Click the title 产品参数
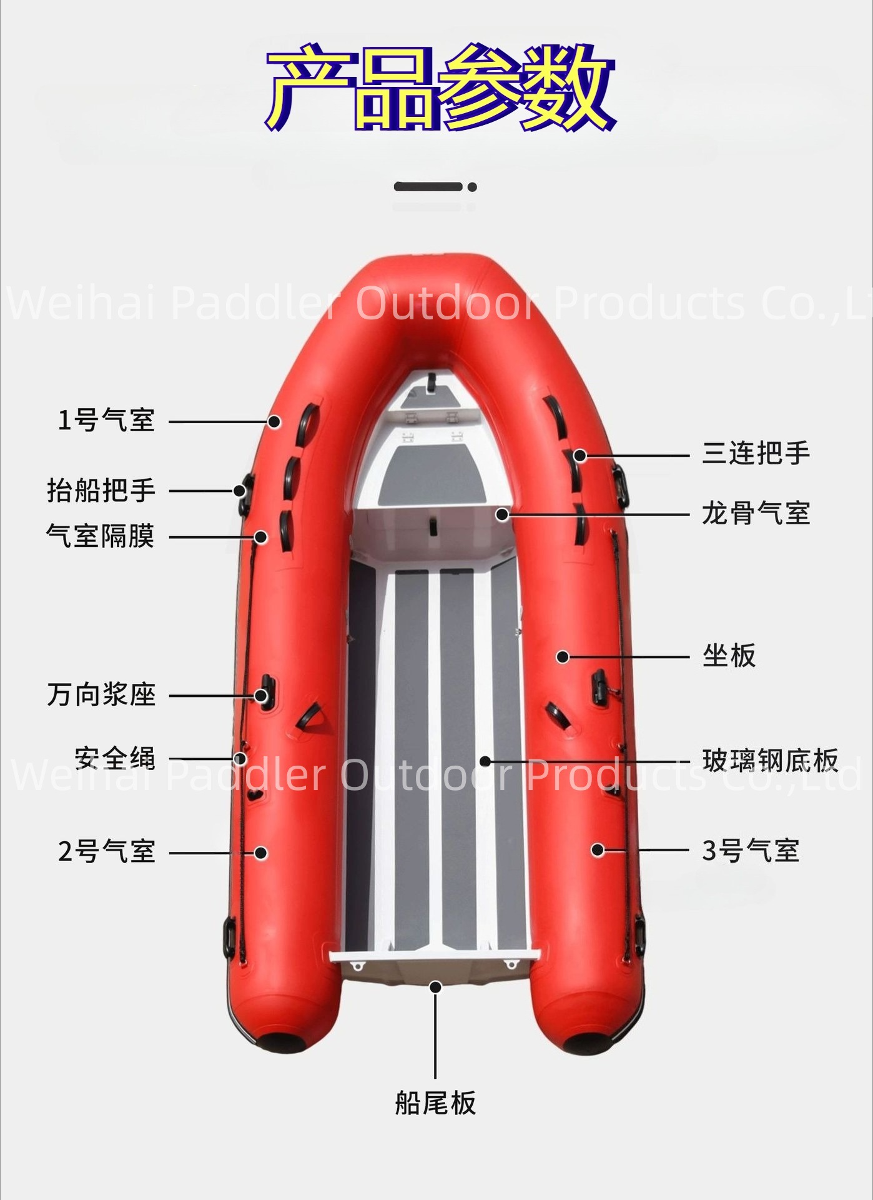pyautogui.click(x=440, y=87)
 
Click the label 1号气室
pyautogui.click(x=106, y=420)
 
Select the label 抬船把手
pyautogui.click(x=101, y=491)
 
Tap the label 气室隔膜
pyautogui.click(x=101, y=536)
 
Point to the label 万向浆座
pyautogui.click(x=101, y=695)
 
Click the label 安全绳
pyautogui.click(x=115, y=758)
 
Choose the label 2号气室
pyautogui.click(x=107, y=852)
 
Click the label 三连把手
pyautogui.click(x=756, y=453)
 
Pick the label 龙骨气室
pyautogui.click(x=756, y=513)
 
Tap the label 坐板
pyautogui.click(x=729, y=656)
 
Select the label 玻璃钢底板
pyautogui.click(x=771, y=760)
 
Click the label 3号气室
pyautogui.click(x=751, y=851)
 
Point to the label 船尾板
pyautogui.click(x=435, y=1102)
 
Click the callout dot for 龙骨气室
pyautogui.click(x=501, y=514)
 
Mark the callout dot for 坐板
pyautogui.click(x=563, y=657)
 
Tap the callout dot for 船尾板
pyautogui.click(x=435, y=987)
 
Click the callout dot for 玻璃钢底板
pyautogui.click(x=485, y=761)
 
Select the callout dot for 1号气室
pyautogui.click(x=274, y=422)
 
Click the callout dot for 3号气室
pyautogui.click(x=598, y=850)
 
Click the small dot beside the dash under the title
pyautogui.click(x=472, y=187)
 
